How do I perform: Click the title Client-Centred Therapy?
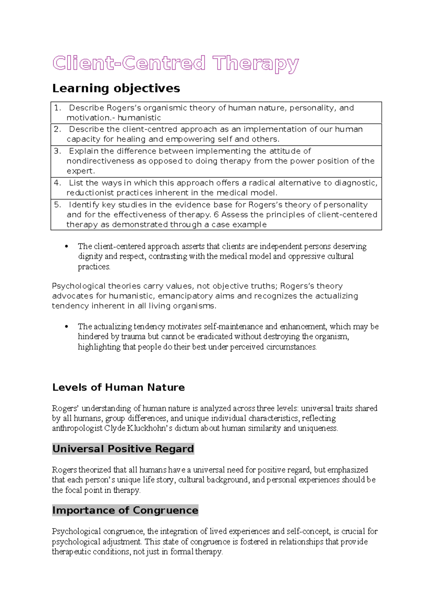(x=175, y=64)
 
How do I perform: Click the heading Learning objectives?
(x=116, y=88)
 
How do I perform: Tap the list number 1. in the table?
(x=57, y=108)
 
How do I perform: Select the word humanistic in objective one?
(x=139, y=118)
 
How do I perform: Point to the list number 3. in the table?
(x=57, y=151)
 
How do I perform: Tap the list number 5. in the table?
(x=57, y=205)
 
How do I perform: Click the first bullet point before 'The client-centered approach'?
(x=66, y=247)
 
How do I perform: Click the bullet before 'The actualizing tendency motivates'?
(x=66, y=327)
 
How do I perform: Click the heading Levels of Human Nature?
(x=119, y=387)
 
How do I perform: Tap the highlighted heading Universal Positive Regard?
(x=123, y=449)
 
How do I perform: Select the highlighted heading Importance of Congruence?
(x=125, y=510)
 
